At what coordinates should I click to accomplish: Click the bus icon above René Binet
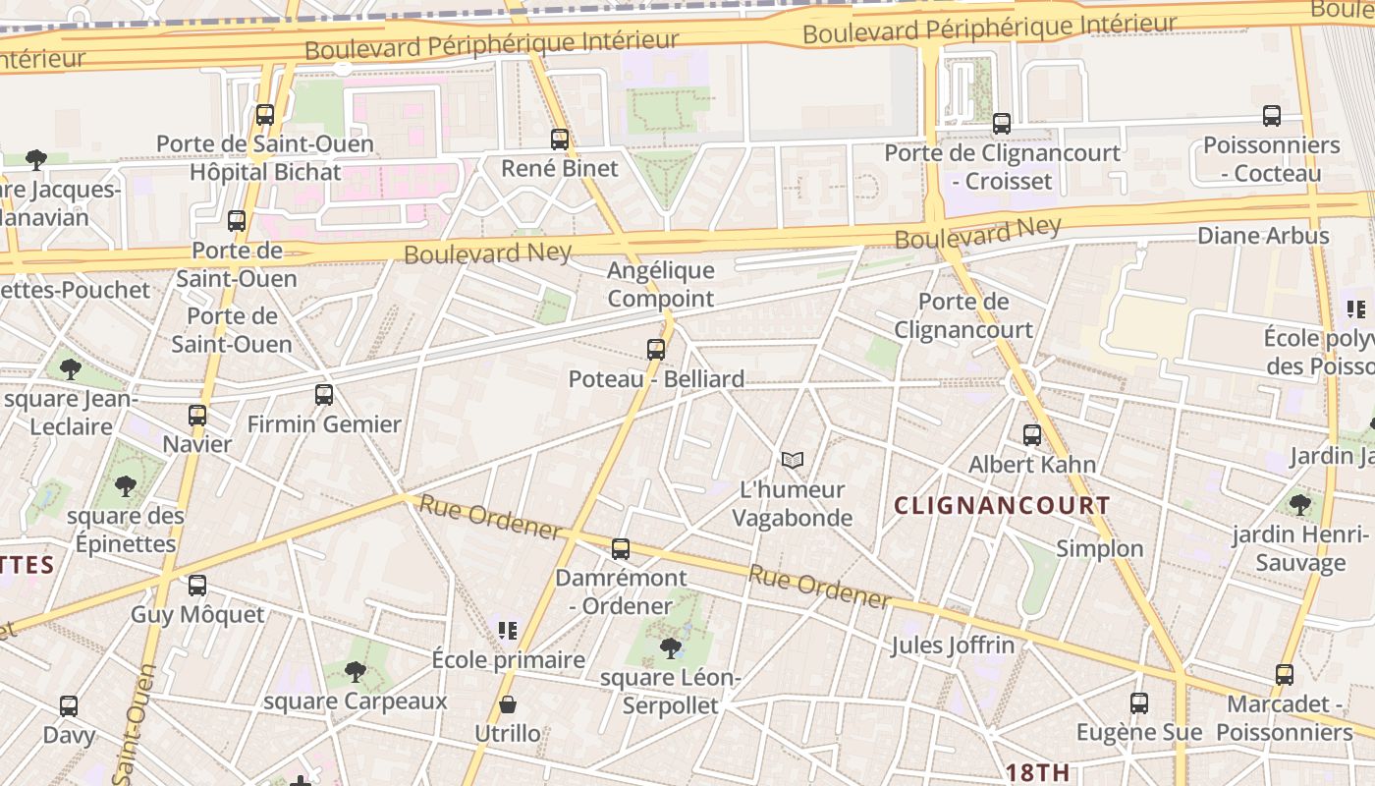tap(560, 140)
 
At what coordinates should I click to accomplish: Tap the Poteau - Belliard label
tap(656, 379)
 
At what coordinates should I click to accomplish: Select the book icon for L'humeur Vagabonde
tap(793, 460)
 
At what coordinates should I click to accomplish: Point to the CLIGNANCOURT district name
tap(1003, 506)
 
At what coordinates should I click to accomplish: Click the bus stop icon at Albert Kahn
tap(1032, 435)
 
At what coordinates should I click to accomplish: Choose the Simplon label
tap(1100, 549)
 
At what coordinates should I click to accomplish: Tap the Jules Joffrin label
tap(953, 646)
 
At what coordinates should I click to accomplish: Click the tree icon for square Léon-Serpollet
tap(671, 647)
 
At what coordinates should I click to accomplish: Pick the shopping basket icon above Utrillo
tap(508, 704)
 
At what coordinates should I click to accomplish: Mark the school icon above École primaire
tap(508, 630)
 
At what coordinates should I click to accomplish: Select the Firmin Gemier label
tap(324, 424)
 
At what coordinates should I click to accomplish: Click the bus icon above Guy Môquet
tap(197, 586)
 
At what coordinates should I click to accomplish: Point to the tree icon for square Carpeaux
tap(356, 672)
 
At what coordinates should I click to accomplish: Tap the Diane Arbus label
tap(1263, 236)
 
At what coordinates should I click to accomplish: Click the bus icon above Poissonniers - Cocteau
tap(1272, 116)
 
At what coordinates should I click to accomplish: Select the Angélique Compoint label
tap(661, 284)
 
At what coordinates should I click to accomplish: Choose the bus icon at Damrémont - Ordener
tap(621, 549)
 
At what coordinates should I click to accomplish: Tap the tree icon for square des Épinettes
tap(125, 485)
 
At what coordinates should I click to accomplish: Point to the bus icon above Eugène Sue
tap(1139, 703)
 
